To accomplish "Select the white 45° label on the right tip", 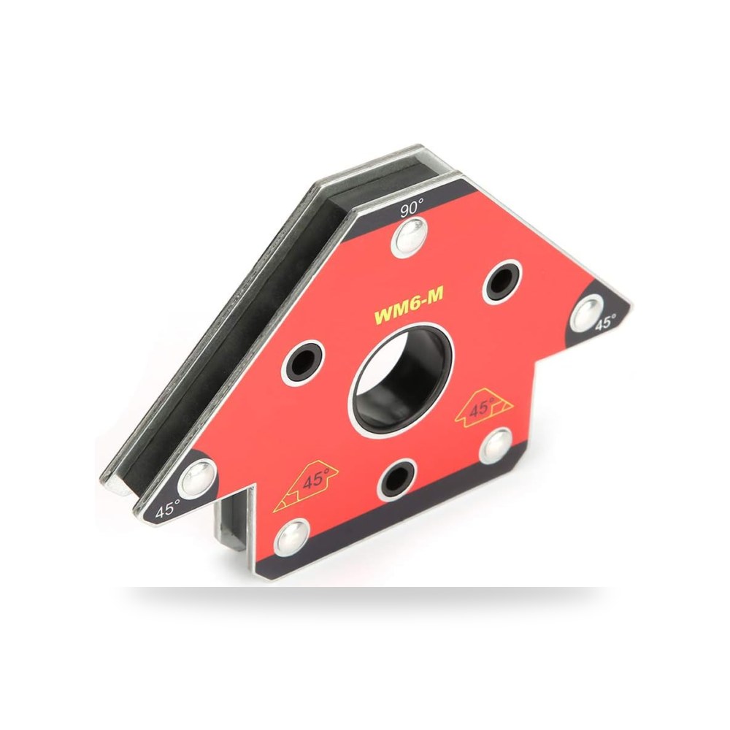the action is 606,323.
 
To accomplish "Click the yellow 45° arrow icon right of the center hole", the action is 484,408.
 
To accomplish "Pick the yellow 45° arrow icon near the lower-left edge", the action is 307,485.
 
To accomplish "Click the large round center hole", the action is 401,380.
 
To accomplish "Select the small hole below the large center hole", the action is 397,479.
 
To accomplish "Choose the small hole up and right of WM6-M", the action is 502,282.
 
